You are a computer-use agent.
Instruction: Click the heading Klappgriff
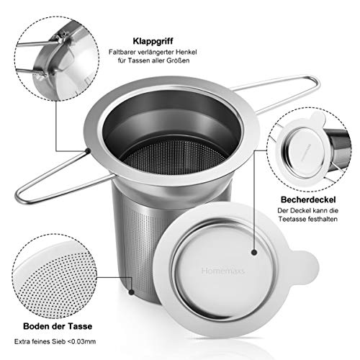click(x=151, y=40)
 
